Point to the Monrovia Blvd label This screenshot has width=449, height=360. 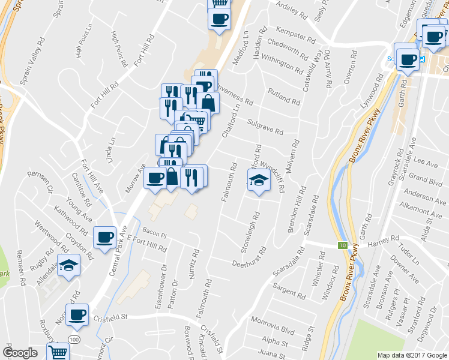coord(273,326)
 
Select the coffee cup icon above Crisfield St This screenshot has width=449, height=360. coord(77,314)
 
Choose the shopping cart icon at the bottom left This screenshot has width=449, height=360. coord(58,353)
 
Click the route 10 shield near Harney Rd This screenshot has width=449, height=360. coord(342,245)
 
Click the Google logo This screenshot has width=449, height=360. coord(20,353)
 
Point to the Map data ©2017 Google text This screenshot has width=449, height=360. coord(412,355)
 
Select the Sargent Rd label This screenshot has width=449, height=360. coord(289,292)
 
